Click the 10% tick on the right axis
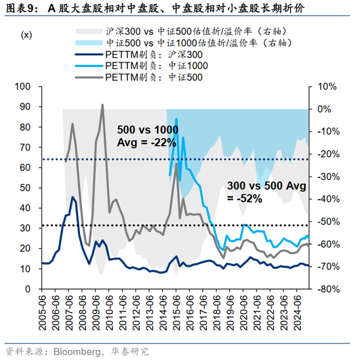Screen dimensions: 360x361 [326, 87]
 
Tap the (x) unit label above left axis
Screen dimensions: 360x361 [28, 34]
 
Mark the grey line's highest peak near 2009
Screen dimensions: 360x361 [102, 104]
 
